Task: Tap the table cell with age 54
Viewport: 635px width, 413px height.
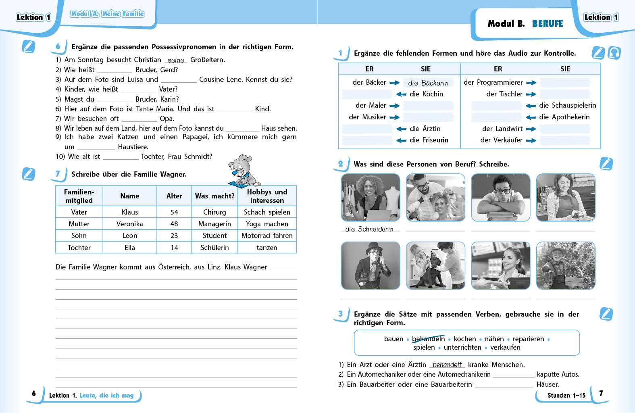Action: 174,212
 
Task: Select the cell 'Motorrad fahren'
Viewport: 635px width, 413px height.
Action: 267,236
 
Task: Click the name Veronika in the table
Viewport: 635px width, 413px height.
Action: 129,224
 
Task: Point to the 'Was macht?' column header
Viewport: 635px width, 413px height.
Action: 214,196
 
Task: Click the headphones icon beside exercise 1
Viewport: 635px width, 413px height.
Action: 614,53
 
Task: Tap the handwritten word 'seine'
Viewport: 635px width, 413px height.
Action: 176,60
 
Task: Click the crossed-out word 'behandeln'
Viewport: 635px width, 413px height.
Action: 428,339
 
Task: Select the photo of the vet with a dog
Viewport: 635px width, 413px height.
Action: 435,265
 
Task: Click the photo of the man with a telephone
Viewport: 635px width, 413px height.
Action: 371,265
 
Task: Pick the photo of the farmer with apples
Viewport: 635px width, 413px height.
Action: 566,265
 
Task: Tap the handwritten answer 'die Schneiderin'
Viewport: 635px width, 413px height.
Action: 369,229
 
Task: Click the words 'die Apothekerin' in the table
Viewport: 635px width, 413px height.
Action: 564,117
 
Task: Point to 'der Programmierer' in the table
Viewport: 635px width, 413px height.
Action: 493,82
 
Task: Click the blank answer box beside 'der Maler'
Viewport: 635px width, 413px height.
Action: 428,106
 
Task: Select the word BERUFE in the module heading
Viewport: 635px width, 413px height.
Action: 548,24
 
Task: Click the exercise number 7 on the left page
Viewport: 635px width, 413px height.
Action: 58,174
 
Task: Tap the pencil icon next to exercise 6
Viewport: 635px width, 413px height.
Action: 28,47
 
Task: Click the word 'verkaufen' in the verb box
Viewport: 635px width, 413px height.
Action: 505,347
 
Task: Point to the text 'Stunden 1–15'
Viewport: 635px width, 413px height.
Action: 566,395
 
